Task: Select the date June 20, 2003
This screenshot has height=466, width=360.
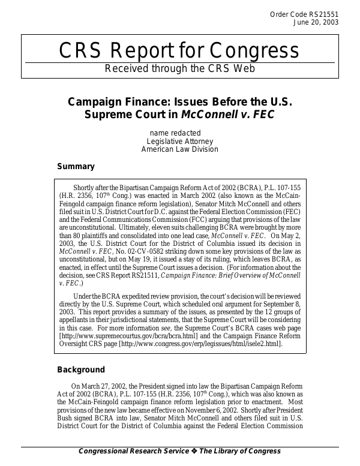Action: coord(316,23)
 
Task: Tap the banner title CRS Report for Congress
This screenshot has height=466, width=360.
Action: coord(179,52)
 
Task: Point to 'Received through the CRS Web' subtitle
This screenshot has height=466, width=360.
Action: coord(179,68)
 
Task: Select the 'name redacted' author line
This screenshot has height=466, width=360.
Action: coord(175,133)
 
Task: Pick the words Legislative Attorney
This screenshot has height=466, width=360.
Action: coord(180,141)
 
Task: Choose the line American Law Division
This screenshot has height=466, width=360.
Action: coord(179,149)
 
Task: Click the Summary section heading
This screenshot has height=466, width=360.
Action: coord(76,167)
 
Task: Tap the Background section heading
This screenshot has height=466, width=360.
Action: coord(81,369)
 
